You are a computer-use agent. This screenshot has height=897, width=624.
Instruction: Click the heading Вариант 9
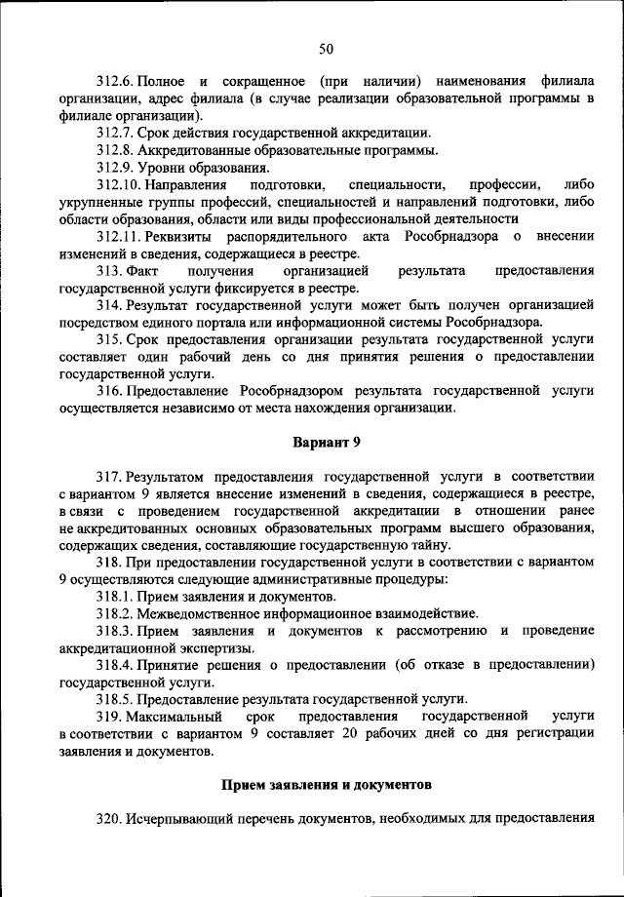(327, 442)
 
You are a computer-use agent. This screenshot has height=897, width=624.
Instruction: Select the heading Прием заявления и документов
(326, 784)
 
